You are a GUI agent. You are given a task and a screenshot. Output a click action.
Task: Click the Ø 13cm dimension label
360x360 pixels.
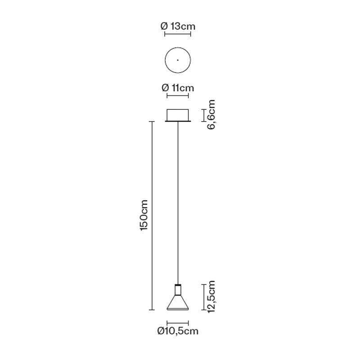(178, 26)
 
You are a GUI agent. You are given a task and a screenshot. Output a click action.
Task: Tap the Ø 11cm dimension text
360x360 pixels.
(178, 88)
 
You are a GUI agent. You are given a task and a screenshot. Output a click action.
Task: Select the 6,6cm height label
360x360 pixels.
(211, 115)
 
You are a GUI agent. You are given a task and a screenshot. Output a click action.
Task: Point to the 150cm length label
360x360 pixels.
(144, 216)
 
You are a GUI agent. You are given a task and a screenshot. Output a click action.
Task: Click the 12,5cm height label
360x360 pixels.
(211, 297)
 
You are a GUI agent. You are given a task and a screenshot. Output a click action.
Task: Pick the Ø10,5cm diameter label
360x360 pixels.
(178, 331)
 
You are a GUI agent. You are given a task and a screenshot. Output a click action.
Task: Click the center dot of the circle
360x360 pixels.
(178, 60)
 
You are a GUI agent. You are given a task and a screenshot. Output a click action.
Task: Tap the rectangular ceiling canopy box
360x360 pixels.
(178, 115)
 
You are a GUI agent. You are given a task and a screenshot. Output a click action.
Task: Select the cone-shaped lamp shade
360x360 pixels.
(178, 302)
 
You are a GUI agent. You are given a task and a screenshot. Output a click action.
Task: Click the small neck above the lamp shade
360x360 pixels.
(178, 290)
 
